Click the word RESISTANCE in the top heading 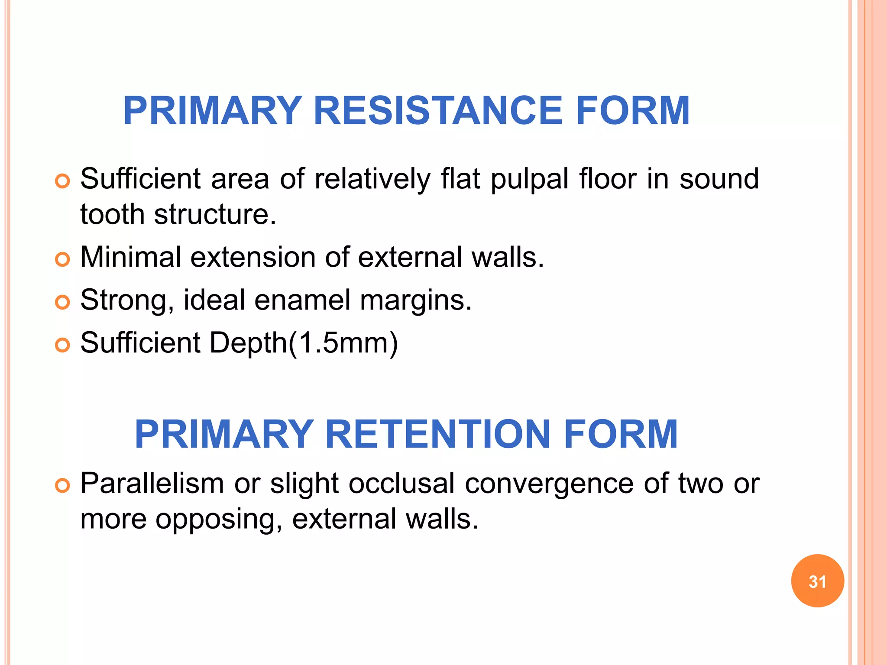pyautogui.click(x=438, y=111)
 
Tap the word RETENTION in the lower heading pyautogui.click(x=438, y=434)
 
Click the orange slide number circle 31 pyautogui.click(x=817, y=581)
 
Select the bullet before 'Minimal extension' pyautogui.click(x=63, y=259)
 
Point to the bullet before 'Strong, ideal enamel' pyautogui.click(x=63, y=302)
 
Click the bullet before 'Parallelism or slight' pyautogui.click(x=63, y=485)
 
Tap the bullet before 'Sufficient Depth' pyautogui.click(x=63, y=345)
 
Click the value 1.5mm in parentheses pyautogui.click(x=343, y=343)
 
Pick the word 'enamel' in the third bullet pyautogui.click(x=302, y=300)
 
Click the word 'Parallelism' pyautogui.click(x=152, y=484)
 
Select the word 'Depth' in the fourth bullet pyautogui.click(x=248, y=343)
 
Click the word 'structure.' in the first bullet pyautogui.click(x=215, y=214)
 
